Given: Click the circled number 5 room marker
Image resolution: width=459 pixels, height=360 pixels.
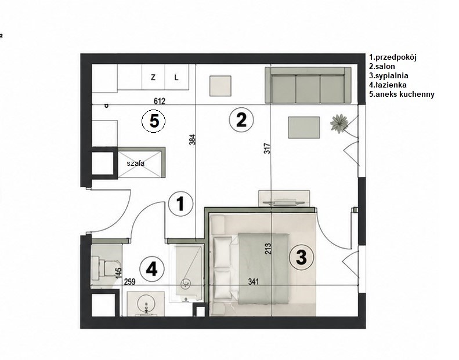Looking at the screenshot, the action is point(153,121).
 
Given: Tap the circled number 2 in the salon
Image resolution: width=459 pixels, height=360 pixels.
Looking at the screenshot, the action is point(241,120).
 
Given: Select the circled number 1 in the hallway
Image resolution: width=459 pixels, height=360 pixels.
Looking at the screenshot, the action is point(181,204).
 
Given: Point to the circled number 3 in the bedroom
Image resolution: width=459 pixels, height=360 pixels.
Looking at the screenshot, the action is point(301,257).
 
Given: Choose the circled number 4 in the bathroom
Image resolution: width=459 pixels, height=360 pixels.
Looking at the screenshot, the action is point(151,269).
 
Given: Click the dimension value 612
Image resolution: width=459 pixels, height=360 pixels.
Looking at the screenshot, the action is point(160,101).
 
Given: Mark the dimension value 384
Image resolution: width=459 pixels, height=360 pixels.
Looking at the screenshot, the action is point(192,140).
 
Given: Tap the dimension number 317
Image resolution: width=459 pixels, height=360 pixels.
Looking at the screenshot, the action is point(268,148).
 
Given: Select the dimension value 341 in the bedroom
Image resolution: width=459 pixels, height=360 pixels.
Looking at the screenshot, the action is point(254,282).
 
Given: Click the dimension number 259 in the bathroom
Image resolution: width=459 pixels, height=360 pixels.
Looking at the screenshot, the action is point(129,282).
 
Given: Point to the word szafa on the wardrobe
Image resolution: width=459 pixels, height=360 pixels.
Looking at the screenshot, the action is point(136,163).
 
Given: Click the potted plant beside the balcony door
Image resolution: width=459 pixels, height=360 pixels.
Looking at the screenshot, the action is point(339,123).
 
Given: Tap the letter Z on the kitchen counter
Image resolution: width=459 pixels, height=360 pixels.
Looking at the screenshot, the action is point(153,78).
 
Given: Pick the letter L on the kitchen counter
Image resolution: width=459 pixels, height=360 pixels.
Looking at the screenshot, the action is point(176,78).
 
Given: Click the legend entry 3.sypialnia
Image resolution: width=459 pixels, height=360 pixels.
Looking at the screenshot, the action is point(389,76).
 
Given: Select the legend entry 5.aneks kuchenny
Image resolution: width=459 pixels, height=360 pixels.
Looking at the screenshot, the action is point(402,94).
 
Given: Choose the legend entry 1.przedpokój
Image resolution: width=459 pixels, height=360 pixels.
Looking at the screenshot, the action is point(392,57).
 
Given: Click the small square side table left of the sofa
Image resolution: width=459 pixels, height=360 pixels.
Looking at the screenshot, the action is point(221,86).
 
